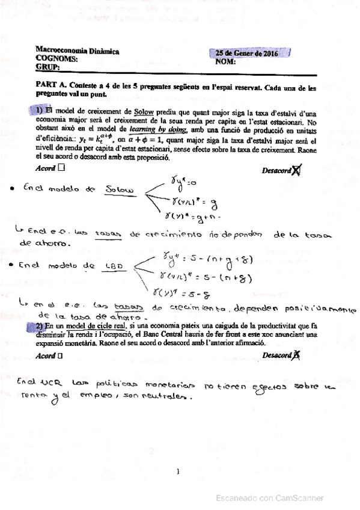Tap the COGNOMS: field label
(57, 60)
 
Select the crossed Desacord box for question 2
(296, 355)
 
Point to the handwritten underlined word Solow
(119, 190)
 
